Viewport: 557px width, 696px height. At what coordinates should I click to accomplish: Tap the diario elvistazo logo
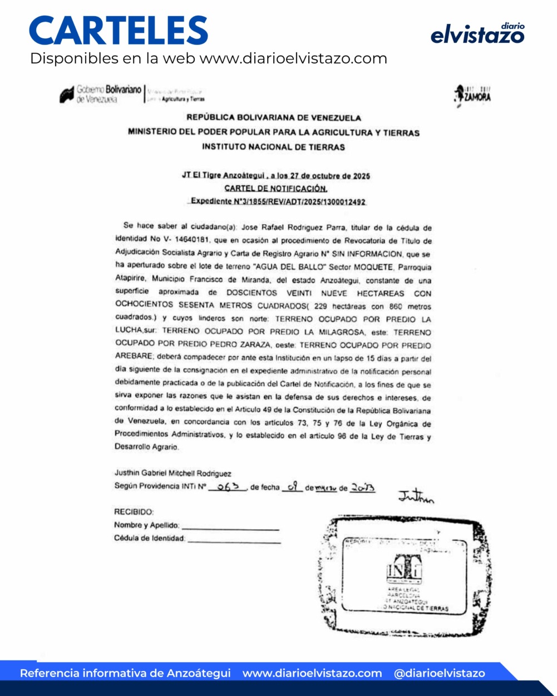tap(477, 34)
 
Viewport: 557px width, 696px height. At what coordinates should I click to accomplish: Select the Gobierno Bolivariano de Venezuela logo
tap(101, 94)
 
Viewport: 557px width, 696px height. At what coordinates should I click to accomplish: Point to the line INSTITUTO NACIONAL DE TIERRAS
tap(273, 147)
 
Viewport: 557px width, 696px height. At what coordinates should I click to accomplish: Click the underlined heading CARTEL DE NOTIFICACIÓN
tap(275, 189)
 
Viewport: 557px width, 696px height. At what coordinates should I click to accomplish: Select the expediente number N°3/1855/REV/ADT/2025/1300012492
tap(278, 201)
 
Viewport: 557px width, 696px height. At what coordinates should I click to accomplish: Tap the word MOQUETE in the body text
tap(373, 267)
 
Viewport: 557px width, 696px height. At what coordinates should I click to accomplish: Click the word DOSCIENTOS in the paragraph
tap(252, 293)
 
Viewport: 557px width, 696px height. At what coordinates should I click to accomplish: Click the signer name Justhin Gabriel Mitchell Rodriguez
tap(172, 473)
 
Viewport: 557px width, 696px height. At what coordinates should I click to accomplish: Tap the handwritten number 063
tap(227, 487)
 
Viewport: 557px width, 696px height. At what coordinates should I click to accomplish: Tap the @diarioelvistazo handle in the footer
tap(439, 673)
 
